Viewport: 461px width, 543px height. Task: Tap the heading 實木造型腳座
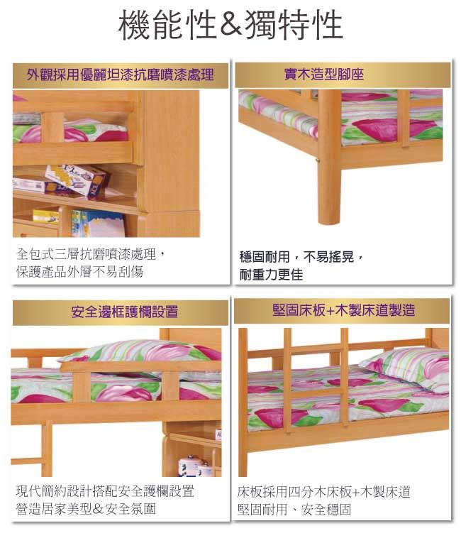[324, 74]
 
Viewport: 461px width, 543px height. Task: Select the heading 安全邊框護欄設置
[125, 312]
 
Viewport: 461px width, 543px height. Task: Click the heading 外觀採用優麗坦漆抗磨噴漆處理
[120, 75]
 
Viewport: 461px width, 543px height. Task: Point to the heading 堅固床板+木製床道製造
[343, 310]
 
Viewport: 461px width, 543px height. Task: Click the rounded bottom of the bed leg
[330, 218]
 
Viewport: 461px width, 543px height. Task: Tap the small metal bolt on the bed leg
[318, 160]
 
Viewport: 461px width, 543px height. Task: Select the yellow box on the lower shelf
[46, 216]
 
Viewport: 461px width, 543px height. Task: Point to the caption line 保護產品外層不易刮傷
[79, 272]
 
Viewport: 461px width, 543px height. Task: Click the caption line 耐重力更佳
[271, 275]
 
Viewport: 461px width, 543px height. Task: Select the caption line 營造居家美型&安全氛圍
[86, 509]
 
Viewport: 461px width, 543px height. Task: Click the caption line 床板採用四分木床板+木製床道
[324, 492]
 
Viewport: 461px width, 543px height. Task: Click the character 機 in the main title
[133, 24]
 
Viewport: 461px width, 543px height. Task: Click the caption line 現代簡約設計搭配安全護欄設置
[105, 491]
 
